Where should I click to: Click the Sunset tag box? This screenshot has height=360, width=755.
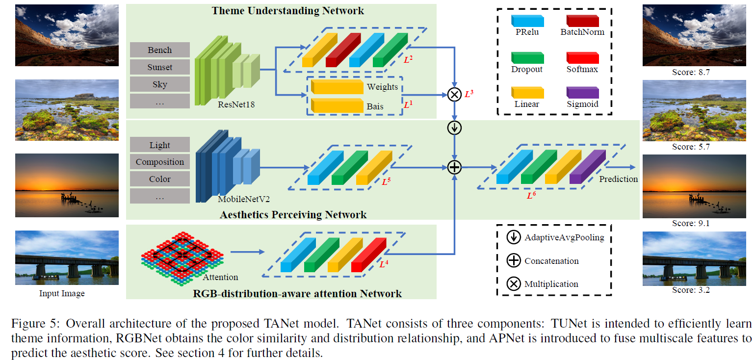[159, 67]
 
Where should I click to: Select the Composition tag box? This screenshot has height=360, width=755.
[159, 162]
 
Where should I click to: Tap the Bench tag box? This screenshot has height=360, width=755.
[159, 50]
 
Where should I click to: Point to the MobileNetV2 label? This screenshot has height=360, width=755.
[244, 199]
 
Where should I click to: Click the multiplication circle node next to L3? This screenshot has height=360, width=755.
[455, 94]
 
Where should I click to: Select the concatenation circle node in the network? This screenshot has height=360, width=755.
[455, 168]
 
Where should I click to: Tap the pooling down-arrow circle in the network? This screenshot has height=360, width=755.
[455, 128]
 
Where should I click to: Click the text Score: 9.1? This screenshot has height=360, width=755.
[691, 223]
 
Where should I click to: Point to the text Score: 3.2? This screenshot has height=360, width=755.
[691, 290]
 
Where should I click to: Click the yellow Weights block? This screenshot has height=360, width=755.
[337, 87]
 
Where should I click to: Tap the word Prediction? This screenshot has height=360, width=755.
[618, 179]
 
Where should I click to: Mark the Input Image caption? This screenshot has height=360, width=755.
[62, 294]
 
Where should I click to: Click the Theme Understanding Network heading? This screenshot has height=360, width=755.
[288, 10]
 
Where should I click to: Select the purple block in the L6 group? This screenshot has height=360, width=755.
[588, 168]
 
